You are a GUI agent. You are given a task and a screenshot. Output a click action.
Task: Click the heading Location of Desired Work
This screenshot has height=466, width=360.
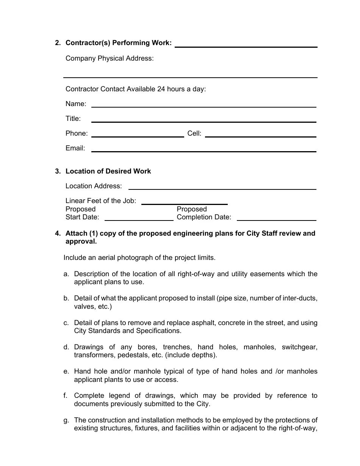pyautogui.click(x=108, y=171)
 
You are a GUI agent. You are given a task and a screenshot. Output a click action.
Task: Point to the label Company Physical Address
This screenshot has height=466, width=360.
pyautogui.click(x=110, y=58)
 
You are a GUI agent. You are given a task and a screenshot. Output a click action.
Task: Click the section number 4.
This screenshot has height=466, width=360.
pyautogui.click(x=57, y=233)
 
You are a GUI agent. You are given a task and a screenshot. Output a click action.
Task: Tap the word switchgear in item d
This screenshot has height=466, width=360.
pyautogui.click(x=299, y=347)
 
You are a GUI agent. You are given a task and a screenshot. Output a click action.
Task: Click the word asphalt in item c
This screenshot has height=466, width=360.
pyautogui.click(x=208, y=323)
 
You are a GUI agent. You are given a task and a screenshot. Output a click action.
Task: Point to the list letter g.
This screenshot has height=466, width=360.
pyautogui.click(x=66, y=420)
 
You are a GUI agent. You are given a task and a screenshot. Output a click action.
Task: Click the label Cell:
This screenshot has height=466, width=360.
pyautogui.click(x=194, y=133)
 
